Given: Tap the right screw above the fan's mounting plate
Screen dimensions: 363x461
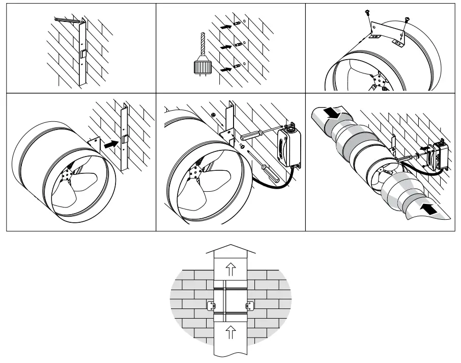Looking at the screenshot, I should (x=407, y=20).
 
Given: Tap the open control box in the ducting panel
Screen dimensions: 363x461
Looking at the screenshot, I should (x=438, y=155).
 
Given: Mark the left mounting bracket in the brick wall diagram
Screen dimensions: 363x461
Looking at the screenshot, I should (x=211, y=305).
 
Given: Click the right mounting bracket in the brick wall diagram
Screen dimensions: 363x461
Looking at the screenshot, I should (x=249, y=305).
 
